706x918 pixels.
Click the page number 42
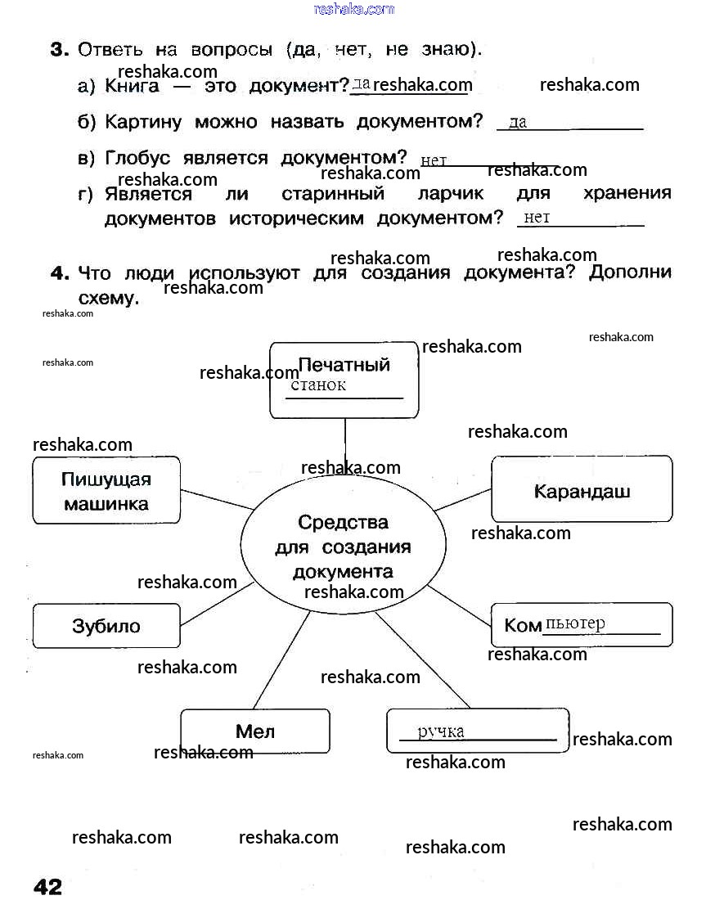click(x=47, y=887)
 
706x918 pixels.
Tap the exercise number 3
click(x=59, y=50)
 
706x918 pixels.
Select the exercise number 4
click(x=59, y=273)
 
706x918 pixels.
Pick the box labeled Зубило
click(x=106, y=626)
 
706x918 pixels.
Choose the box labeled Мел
click(x=254, y=731)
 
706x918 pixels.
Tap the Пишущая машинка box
click(x=106, y=490)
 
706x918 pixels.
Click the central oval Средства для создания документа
click(x=343, y=546)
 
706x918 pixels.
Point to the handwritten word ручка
click(x=441, y=731)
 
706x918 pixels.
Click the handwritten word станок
click(x=318, y=385)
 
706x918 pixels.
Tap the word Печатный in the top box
click(x=344, y=365)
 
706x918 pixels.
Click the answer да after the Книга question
click(x=362, y=83)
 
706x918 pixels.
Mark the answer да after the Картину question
click(x=518, y=123)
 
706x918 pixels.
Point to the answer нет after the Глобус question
click(x=434, y=160)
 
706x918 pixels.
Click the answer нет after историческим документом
click(x=537, y=217)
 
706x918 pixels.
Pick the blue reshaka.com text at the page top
click(x=353, y=9)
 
